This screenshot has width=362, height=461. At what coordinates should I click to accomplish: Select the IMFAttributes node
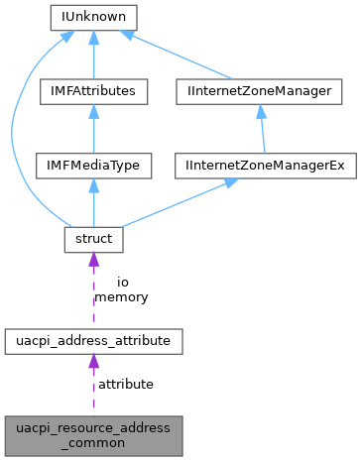(x=94, y=91)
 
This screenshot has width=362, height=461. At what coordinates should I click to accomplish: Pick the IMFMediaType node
(x=94, y=165)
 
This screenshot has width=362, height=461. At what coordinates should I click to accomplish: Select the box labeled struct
(x=94, y=238)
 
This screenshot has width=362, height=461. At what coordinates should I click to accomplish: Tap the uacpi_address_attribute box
(x=94, y=341)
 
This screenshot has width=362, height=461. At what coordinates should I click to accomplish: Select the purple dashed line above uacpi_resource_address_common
(x=94, y=392)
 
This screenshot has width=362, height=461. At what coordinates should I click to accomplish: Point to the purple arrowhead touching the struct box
(x=94, y=260)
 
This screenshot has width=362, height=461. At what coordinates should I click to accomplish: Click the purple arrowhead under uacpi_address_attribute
(x=94, y=363)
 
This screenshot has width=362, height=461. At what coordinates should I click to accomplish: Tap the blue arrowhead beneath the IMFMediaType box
(x=94, y=186)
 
